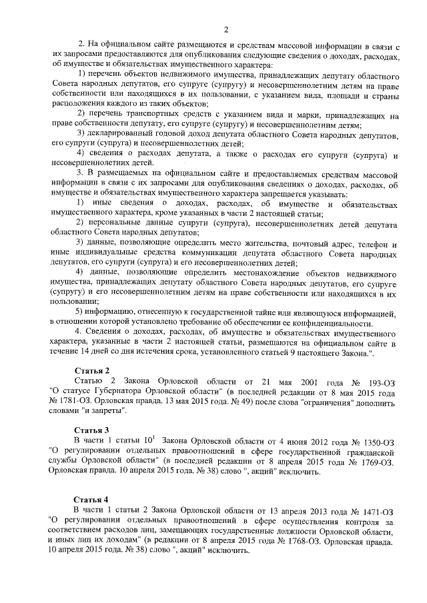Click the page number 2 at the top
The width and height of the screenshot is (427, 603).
pos(226,29)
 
